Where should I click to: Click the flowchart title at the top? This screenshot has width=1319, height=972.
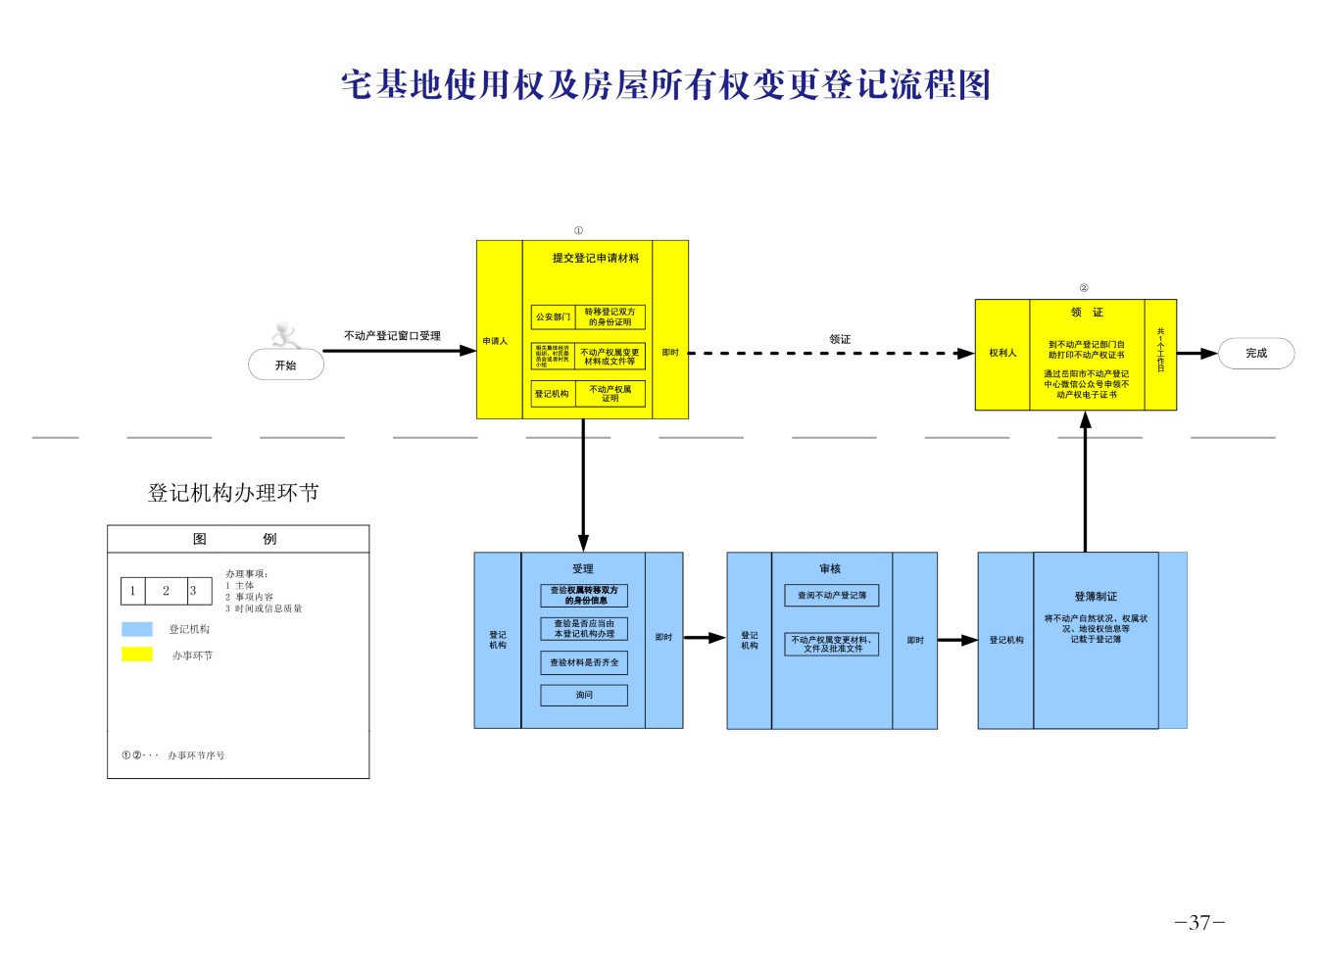pos(665,85)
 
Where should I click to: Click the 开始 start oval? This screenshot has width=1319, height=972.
pos(285,365)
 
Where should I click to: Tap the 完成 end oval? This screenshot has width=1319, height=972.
pos(1255,354)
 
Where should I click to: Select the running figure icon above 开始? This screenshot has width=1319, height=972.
pos(285,335)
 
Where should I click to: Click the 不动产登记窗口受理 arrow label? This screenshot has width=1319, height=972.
pos(392,336)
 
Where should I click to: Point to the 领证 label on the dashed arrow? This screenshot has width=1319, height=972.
pos(840,339)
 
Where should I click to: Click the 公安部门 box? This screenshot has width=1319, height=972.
pos(553,316)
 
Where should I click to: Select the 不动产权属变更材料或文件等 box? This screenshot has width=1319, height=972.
pos(610,357)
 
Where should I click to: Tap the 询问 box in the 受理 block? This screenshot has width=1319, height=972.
pos(584,696)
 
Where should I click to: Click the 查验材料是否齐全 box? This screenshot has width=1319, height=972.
pos(584,663)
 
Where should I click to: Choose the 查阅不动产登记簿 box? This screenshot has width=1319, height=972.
pos(831,596)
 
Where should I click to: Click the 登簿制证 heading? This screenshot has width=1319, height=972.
pos(1095,597)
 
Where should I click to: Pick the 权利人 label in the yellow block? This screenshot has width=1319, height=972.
pos(1002,354)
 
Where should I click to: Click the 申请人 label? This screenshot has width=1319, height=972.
pos(495,342)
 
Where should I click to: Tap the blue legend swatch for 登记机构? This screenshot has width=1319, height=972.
pos(137,629)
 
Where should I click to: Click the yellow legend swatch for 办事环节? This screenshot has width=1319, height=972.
pos(137,655)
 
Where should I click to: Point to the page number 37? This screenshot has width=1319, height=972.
pos(1199,923)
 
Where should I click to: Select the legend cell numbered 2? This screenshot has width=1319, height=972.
pos(166,591)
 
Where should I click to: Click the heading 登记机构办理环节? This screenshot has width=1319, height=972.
pos(233,493)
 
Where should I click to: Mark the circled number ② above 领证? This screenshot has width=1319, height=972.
pos(1083,288)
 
